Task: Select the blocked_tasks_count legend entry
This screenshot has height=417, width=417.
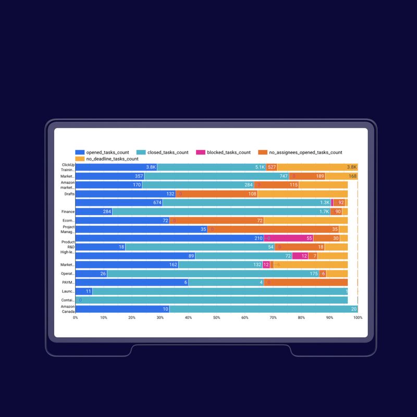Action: coord(228,152)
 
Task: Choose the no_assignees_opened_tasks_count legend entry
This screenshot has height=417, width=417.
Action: coord(305,152)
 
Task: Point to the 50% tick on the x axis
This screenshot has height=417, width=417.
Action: coord(217,317)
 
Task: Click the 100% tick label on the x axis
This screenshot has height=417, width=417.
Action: coord(358,317)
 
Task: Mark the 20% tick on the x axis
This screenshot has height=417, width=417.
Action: coord(132,317)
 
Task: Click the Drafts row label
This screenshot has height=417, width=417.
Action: coord(69,194)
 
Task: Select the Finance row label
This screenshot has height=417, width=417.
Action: coord(68,212)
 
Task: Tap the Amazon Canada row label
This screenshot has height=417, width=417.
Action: coord(68,309)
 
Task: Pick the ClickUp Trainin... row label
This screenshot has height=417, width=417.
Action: coord(68,167)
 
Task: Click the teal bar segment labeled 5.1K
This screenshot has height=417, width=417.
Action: coord(211,167)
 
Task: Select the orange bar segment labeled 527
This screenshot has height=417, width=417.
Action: coord(271,167)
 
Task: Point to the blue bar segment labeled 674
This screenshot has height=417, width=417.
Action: coord(119,203)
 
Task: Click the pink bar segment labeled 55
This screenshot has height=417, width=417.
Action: coord(288,238)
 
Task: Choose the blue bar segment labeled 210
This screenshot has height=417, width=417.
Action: coord(169,238)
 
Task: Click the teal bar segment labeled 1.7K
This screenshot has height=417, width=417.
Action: coord(221,212)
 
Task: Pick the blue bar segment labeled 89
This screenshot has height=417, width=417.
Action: coord(136,256)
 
